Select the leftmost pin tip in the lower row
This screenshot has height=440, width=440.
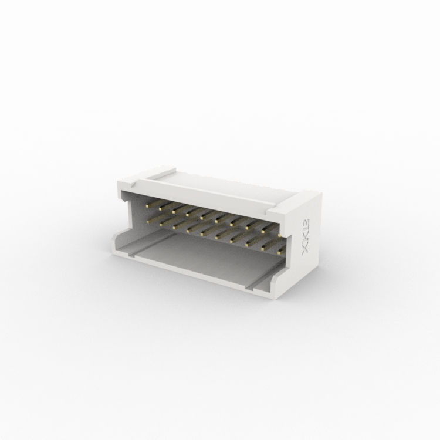click(x=159, y=221)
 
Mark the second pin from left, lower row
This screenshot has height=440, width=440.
click(x=174, y=224)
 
